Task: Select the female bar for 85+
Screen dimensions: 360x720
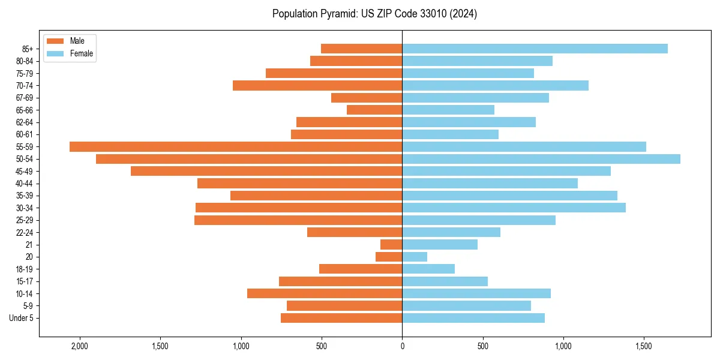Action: (x=535, y=49)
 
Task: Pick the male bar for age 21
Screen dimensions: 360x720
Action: (x=391, y=244)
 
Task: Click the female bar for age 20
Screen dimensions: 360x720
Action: (x=415, y=257)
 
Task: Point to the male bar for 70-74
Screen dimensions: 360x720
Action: (x=317, y=85)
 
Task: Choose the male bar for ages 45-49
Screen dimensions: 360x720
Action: (x=266, y=171)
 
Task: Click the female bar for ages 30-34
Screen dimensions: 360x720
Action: (x=514, y=208)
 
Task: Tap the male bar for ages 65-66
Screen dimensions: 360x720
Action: (x=374, y=110)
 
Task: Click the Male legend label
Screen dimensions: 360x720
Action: (x=77, y=41)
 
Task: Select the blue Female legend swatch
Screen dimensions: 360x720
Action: (x=55, y=53)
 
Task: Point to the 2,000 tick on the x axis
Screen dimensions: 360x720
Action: (x=79, y=347)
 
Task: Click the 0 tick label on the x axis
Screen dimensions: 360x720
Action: (x=402, y=347)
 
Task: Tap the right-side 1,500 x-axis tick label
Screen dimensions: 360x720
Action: (x=644, y=347)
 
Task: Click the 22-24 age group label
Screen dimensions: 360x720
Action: (x=24, y=232)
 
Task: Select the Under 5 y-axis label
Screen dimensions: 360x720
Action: (x=21, y=318)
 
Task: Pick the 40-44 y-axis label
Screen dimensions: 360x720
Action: (x=24, y=184)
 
